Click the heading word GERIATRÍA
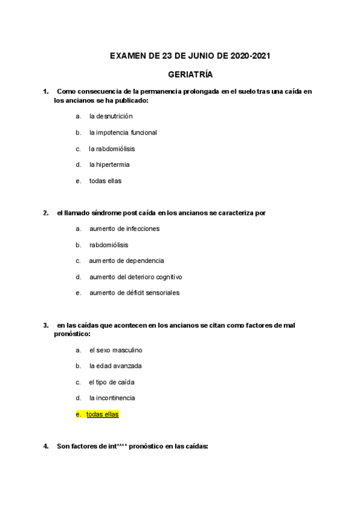[x=190, y=75]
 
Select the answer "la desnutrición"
[x=111, y=116]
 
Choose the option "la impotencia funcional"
[x=123, y=132]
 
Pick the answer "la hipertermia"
[x=109, y=164]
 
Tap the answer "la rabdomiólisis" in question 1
[x=112, y=148]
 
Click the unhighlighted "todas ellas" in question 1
[x=106, y=181]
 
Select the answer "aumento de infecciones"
[x=124, y=229]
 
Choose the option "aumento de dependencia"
[x=126, y=261]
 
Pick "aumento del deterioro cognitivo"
[x=136, y=277]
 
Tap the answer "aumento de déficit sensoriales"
[x=134, y=293]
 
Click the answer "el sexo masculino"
[x=116, y=350]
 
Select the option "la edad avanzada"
[x=115, y=366]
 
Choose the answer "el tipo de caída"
[x=112, y=382]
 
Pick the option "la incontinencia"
[x=112, y=398]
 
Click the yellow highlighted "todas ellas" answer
[x=103, y=414]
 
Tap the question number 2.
[x=46, y=212]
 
